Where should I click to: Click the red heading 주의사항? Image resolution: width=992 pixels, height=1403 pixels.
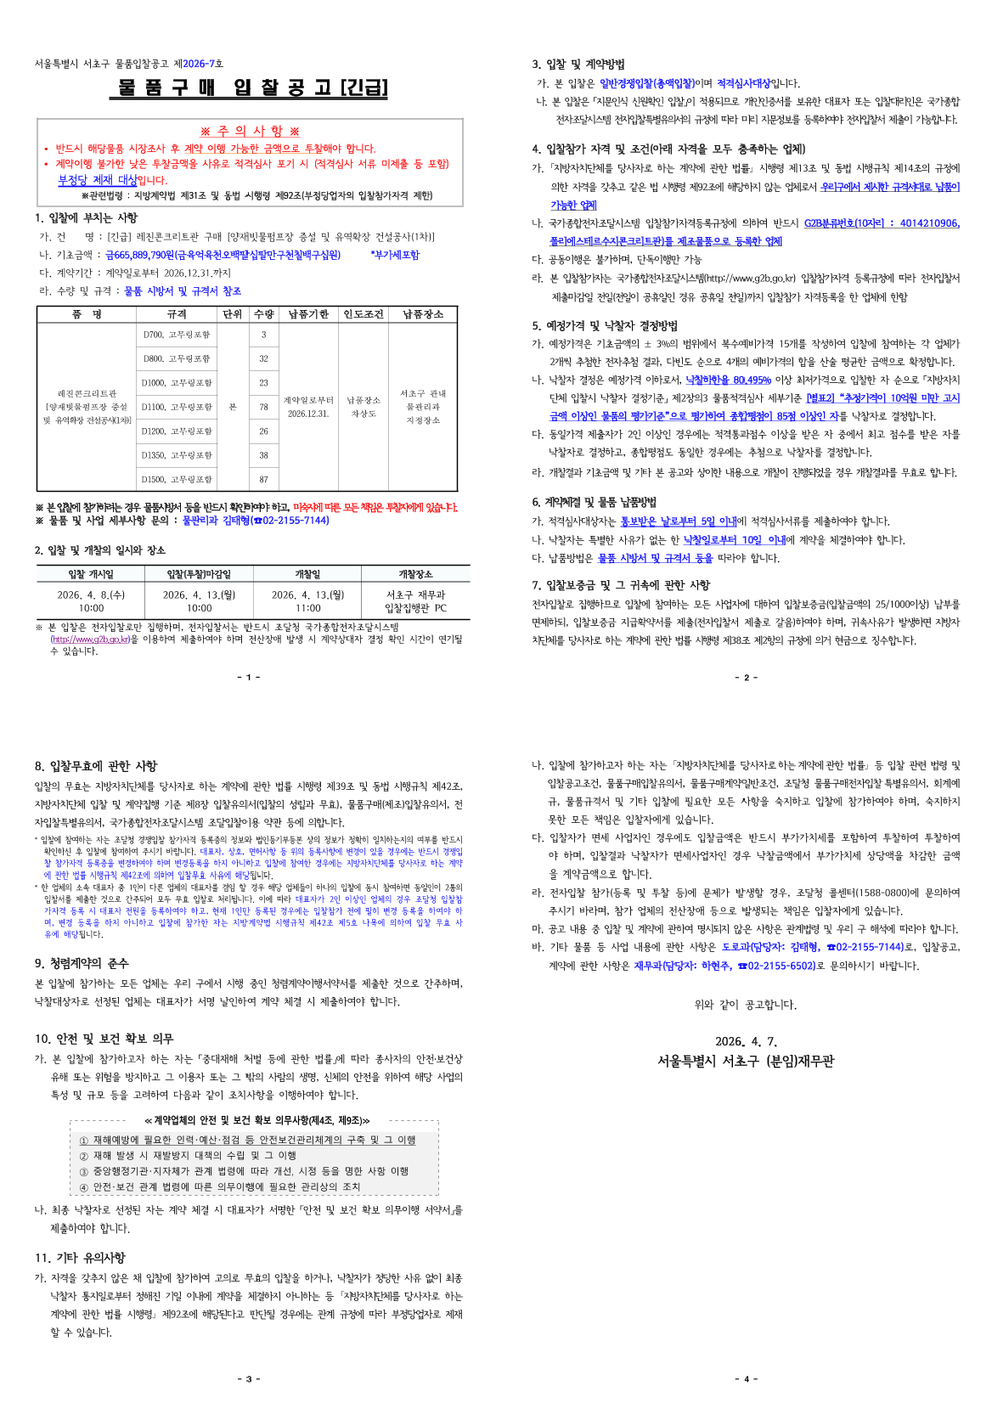click(250, 131)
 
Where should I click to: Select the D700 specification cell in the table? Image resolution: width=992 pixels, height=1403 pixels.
click(177, 335)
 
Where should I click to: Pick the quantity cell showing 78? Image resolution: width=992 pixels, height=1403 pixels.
click(263, 407)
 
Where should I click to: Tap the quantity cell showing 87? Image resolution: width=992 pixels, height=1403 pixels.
click(263, 479)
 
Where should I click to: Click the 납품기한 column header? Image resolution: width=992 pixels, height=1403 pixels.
click(308, 314)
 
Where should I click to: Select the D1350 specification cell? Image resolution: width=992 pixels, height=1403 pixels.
click(177, 455)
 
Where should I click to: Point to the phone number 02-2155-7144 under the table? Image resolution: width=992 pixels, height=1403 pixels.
click(295, 521)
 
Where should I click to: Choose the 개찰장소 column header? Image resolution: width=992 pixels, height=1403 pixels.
click(415, 574)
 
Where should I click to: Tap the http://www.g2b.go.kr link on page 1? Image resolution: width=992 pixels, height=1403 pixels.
click(90, 640)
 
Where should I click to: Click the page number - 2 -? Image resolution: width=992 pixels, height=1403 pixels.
click(745, 678)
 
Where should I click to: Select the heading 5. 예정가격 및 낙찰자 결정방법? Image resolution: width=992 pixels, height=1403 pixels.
click(605, 325)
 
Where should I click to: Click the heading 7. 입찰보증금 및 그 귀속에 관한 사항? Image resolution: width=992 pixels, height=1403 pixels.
click(621, 585)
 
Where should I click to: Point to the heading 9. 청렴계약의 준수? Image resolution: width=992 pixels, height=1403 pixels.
click(82, 963)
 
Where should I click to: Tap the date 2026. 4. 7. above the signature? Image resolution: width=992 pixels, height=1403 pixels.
click(746, 1041)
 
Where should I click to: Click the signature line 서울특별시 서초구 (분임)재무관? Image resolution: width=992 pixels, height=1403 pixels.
click(746, 1061)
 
